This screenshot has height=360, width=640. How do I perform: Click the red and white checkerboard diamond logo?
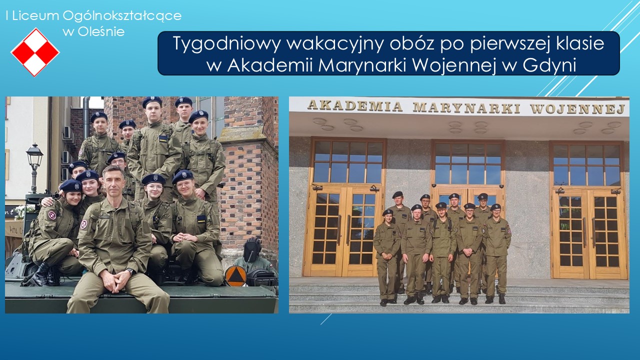[x=35, y=52]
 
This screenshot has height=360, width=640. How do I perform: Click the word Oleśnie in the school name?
[x=101, y=31]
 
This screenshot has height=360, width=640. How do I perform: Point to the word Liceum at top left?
[x=35, y=15]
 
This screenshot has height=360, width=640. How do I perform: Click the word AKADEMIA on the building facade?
[x=355, y=106]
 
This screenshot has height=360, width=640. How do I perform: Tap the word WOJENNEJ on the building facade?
[x=577, y=109]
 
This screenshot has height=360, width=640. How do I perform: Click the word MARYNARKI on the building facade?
[x=466, y=107]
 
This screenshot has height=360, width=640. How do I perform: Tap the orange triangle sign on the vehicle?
[x=235, y=275]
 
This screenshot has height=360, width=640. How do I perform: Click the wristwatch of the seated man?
[x=131, y=271]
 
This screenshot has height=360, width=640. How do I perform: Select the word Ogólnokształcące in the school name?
[x=122, y=16]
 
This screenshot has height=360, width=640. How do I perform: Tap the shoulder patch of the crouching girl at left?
[x=52, y=215]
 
